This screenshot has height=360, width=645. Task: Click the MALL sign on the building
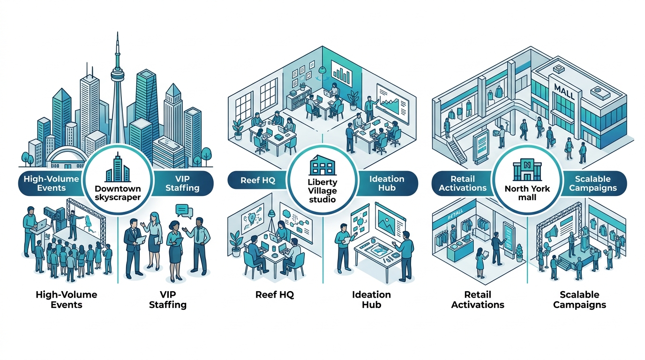564,89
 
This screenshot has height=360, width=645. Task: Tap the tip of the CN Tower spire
116,33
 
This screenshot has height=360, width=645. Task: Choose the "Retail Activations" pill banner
462,183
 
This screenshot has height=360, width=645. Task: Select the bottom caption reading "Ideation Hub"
371,300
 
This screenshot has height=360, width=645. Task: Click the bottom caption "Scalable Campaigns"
579,300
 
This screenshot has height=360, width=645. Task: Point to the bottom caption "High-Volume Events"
66,300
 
